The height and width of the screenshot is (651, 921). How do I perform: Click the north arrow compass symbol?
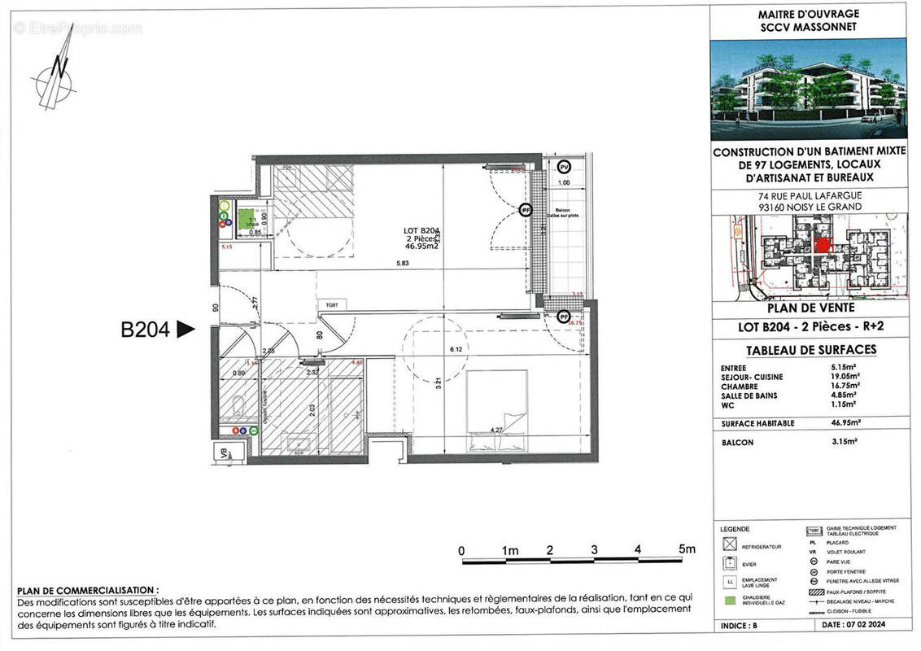coord(54,80)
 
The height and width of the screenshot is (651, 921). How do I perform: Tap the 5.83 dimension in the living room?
coord(402,263)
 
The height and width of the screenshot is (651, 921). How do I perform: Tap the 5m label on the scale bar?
coord(687,549)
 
